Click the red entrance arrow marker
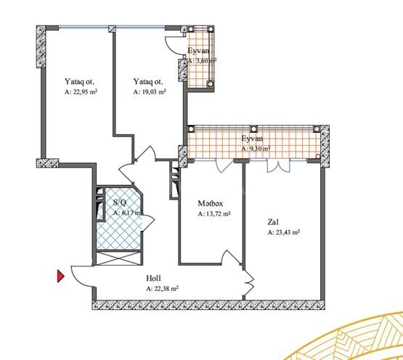[61, 275]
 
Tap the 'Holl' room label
[153, 279]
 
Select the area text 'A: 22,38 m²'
[162, 288]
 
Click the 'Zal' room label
[274, 223]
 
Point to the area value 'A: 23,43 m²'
[284, 233]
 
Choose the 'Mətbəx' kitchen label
[211, 204]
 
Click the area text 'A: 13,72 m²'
[214, 214]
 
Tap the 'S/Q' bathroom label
[119, 203]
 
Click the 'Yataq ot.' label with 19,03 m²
[147, 82]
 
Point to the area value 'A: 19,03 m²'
[150, 92]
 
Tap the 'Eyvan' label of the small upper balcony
[199, 51]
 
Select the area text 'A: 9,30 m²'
[256, 148]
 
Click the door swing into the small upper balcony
[174, 44]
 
